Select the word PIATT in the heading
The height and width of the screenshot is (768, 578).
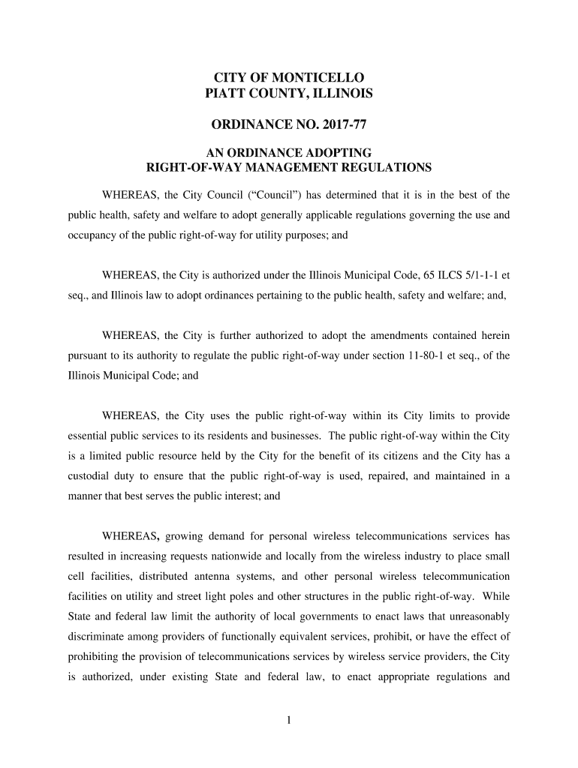[x=226, y=94]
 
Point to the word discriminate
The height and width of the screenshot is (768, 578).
[x=98, y=637]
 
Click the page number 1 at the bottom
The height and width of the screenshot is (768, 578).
[x=289, y=721]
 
